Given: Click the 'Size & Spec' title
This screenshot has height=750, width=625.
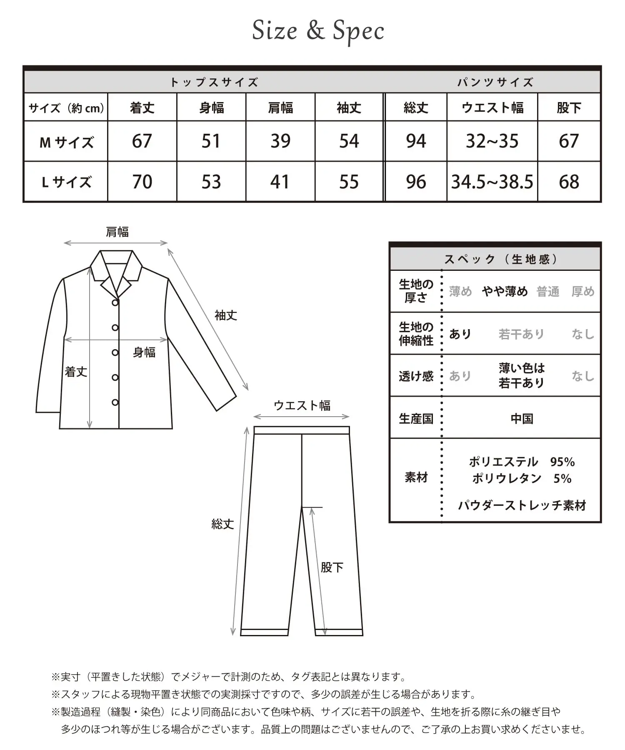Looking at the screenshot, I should tap(318, 31).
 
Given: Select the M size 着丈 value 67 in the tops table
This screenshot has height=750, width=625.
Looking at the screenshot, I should tap(142, 141).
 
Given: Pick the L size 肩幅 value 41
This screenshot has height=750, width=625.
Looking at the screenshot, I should tap(280, 182).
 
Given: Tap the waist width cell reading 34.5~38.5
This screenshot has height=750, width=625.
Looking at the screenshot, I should tap(492, 182).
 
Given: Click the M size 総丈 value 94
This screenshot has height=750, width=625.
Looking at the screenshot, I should tap(416, 141).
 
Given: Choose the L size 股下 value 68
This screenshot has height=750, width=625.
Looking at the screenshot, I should tap(569, 182).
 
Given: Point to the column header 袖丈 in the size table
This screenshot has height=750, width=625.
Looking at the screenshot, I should tap(349, 108).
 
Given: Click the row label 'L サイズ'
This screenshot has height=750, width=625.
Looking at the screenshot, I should tap(66, 182).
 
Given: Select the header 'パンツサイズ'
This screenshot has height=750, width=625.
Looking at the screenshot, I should tap(495, 82).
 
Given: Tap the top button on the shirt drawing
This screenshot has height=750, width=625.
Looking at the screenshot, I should tap(115, 302).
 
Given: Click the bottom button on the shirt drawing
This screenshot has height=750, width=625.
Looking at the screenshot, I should tap(115, 402).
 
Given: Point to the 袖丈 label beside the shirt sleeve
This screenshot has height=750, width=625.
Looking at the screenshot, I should tap(226, 315).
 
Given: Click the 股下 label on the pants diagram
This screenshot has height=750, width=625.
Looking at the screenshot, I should tap(332, 567).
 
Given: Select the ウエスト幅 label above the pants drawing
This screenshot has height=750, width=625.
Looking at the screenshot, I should tap(302, 405).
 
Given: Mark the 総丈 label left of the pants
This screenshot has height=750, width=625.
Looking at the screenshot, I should tap(223, 524).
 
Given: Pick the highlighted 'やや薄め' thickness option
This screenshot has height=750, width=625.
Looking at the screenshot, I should tap(505, 291).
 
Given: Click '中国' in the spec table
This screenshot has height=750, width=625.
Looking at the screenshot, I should tap(522, 418).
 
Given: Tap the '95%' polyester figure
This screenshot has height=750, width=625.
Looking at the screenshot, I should tap(562, 462).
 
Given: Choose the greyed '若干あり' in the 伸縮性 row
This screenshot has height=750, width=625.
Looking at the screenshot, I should tap(521, 334).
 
